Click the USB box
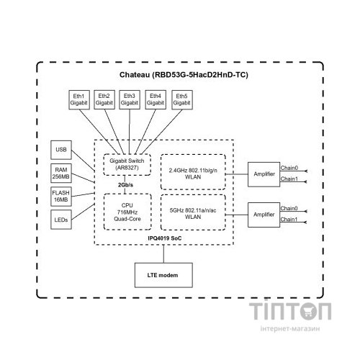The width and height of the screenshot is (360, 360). point(61,150)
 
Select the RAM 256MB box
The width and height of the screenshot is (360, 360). point(61,173)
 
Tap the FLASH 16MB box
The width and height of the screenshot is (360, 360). point(61,196)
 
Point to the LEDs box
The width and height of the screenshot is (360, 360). point(61,219)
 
